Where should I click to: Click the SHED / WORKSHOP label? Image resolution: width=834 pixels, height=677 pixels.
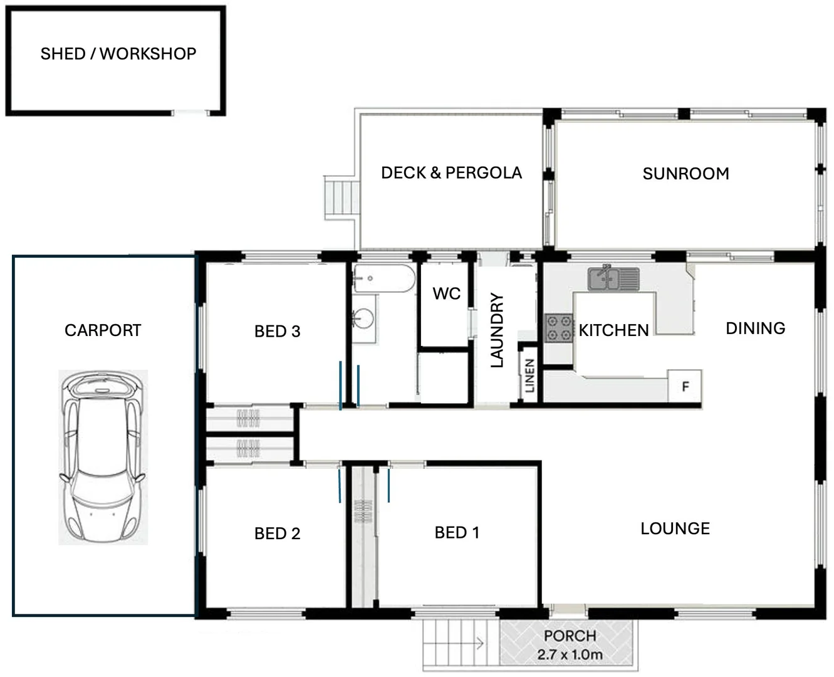pos(118,54)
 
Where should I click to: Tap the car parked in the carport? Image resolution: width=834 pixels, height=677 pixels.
pos(103,457)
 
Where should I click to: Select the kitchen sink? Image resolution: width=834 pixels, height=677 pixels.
pos(613,278)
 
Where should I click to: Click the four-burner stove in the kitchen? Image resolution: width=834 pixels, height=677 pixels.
pos(559,328)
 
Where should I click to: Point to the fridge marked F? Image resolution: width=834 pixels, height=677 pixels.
pos(685,386)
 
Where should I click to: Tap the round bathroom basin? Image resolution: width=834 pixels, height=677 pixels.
pos(363,318)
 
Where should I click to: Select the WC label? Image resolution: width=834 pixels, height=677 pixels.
pos(446,293)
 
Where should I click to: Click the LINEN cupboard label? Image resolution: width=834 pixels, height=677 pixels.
pos(529,375)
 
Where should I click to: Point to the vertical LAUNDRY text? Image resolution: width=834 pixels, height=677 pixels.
pos(496,330)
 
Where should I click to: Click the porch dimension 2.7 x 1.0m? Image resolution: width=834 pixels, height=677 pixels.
pos(570,655)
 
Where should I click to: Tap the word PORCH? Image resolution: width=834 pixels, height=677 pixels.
pos(570,636)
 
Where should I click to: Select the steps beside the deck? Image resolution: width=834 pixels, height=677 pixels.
pos(339,197)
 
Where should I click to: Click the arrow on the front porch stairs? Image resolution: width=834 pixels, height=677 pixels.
pos(479,643)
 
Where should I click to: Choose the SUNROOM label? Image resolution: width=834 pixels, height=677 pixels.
pos(685,174)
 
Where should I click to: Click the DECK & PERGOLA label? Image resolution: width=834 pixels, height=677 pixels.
pos(451,172)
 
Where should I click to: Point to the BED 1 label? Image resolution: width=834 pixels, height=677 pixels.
pos(457,533)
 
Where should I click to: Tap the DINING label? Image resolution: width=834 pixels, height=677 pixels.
pos(755,328)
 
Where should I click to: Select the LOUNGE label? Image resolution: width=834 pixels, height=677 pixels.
pos(675,528)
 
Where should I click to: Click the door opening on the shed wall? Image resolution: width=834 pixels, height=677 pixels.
pos(190,113)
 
